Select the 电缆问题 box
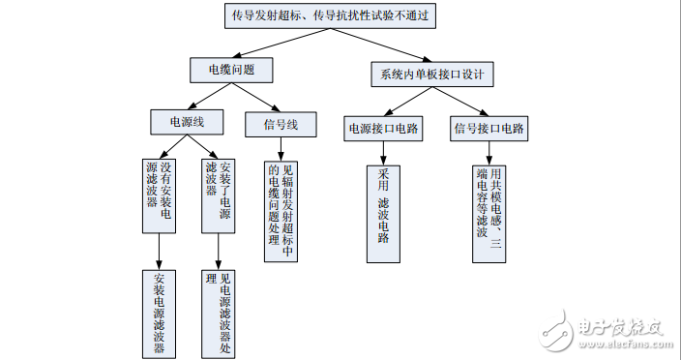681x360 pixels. coord(231,71)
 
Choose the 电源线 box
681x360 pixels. coord(187,122)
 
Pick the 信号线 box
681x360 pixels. coord(286,125)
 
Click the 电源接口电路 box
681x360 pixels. coord(382,128)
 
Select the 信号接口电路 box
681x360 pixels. coord(489,128)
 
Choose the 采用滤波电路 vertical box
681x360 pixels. coord(383,213)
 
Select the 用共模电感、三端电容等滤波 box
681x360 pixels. coord(489,213)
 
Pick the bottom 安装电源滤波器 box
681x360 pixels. coord(159,313)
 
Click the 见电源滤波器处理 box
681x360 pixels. coord(219,313)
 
